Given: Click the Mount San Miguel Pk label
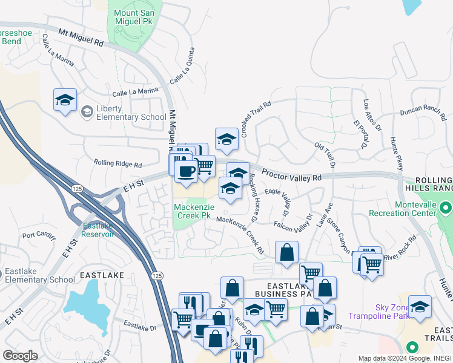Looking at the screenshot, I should coord(137,16).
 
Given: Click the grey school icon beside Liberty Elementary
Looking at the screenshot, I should coord(87,111).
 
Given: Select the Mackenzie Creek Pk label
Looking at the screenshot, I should coord(192,211).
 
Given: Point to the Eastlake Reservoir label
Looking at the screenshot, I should coord(98,230).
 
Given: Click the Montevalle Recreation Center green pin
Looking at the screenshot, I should coord(446,209).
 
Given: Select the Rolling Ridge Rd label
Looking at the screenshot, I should coord(117,164).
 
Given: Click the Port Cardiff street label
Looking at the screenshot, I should coord(38,235).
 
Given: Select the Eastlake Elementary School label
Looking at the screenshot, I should coord(40,275).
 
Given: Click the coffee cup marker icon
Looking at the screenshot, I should coord(186,171).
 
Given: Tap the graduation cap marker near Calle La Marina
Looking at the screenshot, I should coord(65,100).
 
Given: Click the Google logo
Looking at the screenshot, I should coord(20,356).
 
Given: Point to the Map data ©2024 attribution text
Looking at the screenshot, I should coord(404,358).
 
